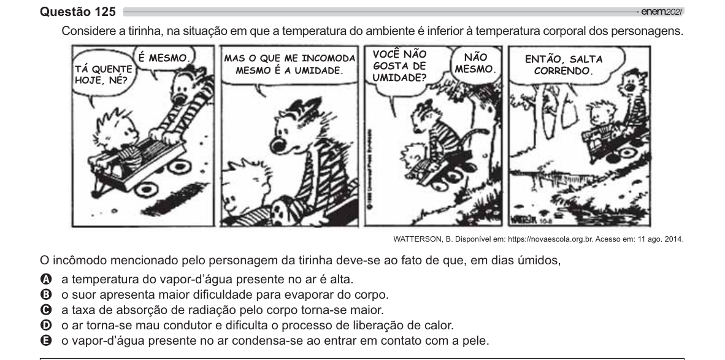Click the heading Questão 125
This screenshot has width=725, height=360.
pyautogui.click(x=78, y=12)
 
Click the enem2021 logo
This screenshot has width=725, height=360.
pyautogui.click(x=662, y=12)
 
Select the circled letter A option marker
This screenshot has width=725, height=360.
pyautogui.click(x=46, y=279)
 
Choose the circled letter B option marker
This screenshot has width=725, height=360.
pyautogui.click(x=46, y=294)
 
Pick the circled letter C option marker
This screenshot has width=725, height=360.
pyautogui.click(x=46, y=310)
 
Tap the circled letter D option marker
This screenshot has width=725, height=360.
pyautogui.click(x=46, y=325)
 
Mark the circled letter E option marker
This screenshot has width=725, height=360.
pyautogui.click(x=46, y=340)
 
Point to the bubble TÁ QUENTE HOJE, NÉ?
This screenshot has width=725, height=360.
pyautogui.click(x=103, y=75)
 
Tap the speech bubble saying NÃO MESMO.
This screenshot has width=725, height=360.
pyautogui.click(x=475, y=63)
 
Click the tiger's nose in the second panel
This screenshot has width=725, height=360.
pyautogui.click(x=280, y=145)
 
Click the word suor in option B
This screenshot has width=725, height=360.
pyautogui.click(x=85, y=295)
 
